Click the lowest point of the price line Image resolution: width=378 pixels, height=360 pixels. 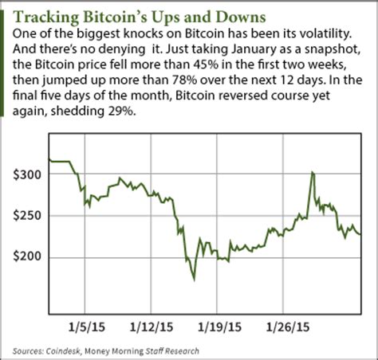(193, 280)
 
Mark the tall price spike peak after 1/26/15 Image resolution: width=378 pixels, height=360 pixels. (312, 171)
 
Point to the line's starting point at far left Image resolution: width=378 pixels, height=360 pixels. (49, 160)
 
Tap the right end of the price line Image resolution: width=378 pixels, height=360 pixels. (360, 234)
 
